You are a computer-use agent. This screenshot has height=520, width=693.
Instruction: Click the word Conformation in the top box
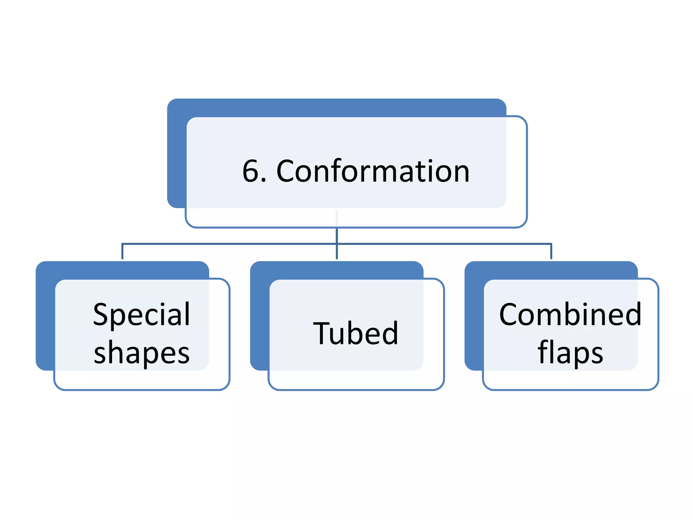pyautogui.click(x=373, y=171)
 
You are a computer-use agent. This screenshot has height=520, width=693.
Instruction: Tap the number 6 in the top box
pyautogui.click(x=251, y=171)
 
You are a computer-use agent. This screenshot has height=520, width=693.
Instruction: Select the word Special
pyautogui.click(x=141, y=315)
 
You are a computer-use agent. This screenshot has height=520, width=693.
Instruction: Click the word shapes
pyautogui.click(x=141, y=353)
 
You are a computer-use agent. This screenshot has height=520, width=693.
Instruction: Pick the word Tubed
pyautogui.click(x=356, y=334)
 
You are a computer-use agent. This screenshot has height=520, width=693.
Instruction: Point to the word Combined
pyautogui.click(x=570, y=315)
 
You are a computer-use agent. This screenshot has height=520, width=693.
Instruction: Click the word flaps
pyautogui.click(x=570, y=353)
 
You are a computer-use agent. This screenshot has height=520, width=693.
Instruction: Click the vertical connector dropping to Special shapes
pyautogui.click(x=122, y=252)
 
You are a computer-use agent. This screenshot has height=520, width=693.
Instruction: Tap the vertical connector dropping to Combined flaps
pyautogui.click(x=551, y=252)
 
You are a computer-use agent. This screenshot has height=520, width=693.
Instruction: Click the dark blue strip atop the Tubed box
pyautogui.click(x=337, y=270)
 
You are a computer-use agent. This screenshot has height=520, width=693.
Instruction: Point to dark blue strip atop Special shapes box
pyautogui.click(x=122, y=270)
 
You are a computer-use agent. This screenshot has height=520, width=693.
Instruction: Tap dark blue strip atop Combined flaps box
pyautogui.click(x=551, y=270)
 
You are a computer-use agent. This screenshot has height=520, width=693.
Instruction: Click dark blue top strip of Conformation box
pyautogui.click(x=337, y=108)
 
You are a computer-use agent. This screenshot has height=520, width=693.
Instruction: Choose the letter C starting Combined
pyautogui.click(x=510, y=315)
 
